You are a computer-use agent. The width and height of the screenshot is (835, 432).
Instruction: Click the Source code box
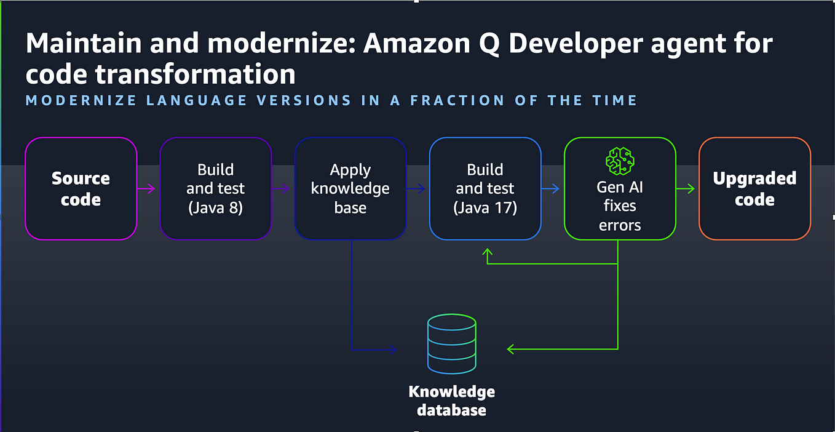(x=81, y=188)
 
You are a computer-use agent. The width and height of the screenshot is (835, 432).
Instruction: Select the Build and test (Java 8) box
(x=215, y=188)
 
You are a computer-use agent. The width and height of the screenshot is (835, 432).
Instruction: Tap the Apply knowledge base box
(x=350, y=188)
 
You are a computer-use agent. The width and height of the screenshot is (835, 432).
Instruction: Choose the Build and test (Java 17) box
(x=485, y=188)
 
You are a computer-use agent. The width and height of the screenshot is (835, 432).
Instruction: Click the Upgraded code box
(x=754, y=188)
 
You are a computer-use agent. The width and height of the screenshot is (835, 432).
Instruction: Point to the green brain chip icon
(x=619, y=161)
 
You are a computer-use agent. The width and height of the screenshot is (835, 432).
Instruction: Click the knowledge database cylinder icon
(x=451, y=344)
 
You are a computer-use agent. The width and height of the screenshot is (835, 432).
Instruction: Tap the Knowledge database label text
(x=451, y=401)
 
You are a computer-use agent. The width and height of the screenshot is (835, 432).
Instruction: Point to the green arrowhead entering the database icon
(x=511, y=349)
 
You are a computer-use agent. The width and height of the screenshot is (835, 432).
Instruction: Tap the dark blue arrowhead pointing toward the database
(x=392, y=350)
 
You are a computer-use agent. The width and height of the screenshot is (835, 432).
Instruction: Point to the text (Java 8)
(x=215, y=208)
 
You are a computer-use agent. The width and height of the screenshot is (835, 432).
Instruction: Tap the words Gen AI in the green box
(x=619, y=187)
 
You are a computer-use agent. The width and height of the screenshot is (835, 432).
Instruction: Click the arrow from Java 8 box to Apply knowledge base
(x=283, y=188)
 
